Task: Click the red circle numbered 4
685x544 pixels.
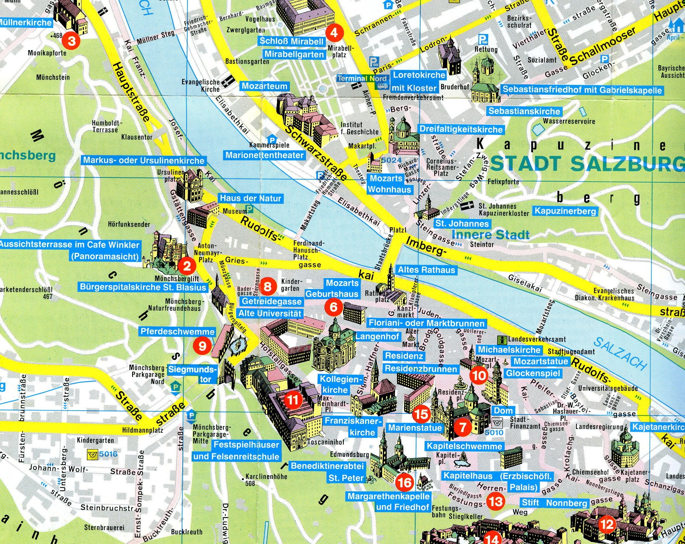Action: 334,33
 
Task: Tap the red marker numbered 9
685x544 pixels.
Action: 203,346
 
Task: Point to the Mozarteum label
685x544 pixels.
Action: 264,86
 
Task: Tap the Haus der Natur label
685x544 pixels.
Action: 251,198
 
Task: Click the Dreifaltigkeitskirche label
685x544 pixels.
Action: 461,129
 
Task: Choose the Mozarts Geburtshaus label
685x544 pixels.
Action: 332,288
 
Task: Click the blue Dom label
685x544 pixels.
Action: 503,411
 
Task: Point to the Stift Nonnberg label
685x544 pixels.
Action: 554,503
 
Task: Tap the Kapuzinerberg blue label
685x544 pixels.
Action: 565,211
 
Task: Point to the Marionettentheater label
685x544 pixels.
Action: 265,156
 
